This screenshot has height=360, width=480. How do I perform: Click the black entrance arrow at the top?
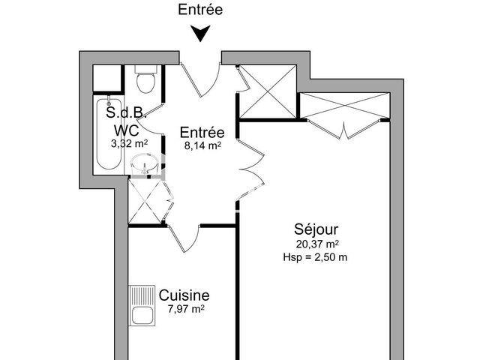coord(200,34)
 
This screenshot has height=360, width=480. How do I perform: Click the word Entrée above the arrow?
coord(200,10)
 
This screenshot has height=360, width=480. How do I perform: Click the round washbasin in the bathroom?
coord(145,164)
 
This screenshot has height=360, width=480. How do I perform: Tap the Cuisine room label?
coord(184,295)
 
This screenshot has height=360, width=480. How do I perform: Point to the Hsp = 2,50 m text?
coord(315,256)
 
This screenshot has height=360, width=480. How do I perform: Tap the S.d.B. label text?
coord(125,115)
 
